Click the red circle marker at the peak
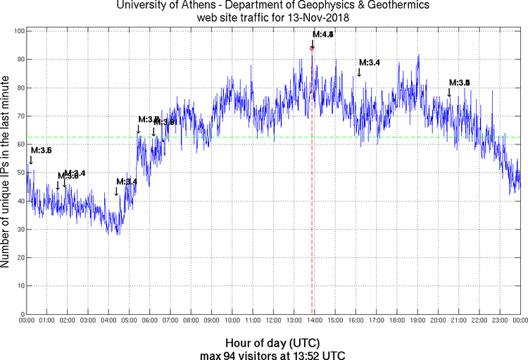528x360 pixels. (x=312, y=48)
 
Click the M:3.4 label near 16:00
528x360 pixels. (x=370, y=63)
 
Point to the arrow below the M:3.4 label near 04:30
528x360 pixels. (x=116, y=192)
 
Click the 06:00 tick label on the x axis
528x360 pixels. (x=150, y=321)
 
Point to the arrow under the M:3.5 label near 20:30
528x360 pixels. (x=449, y=92)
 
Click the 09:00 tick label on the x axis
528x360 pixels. (x=212, y=321)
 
